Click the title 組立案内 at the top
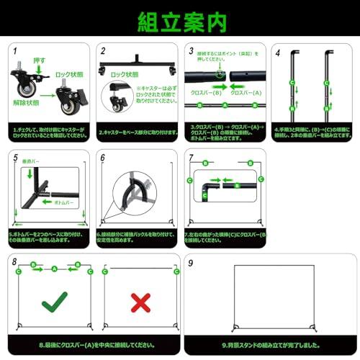point(180,19)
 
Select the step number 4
point(278,52)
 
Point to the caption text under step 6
point(137,234)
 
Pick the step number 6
point(102,158)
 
